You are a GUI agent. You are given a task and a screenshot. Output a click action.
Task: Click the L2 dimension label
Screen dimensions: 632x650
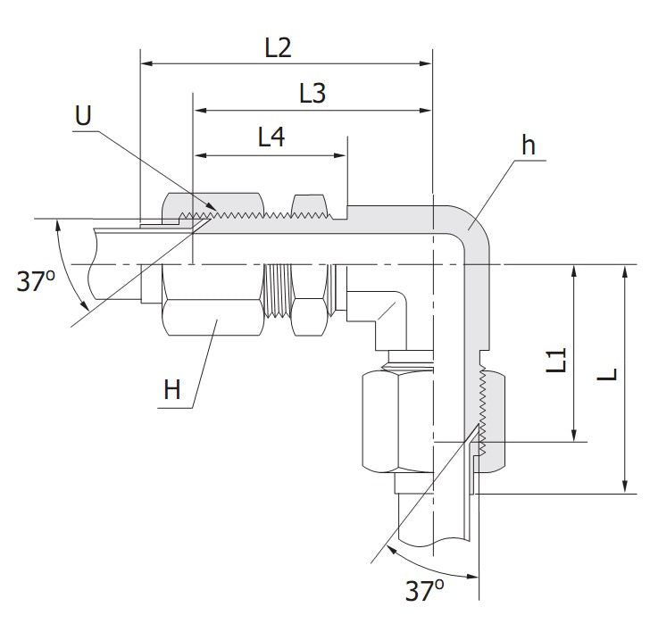(x=279, y=48)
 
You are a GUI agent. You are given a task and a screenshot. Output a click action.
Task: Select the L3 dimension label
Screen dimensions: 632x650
(x=312, y=94)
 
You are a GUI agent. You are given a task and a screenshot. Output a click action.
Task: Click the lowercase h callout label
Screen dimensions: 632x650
(x=529, y=146)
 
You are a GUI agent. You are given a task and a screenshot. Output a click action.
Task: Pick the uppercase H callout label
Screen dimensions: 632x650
(x=172, y=389)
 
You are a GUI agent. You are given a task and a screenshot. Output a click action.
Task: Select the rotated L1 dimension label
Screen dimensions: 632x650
(x=557, y=361)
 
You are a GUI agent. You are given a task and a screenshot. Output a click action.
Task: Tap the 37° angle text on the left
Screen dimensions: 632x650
(x=36, y=282)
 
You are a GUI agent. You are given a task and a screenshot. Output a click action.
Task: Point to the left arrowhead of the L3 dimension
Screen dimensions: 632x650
(x=202, y=111)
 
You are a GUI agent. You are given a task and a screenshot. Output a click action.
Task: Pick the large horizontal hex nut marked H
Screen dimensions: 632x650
(x=213, y=317)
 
